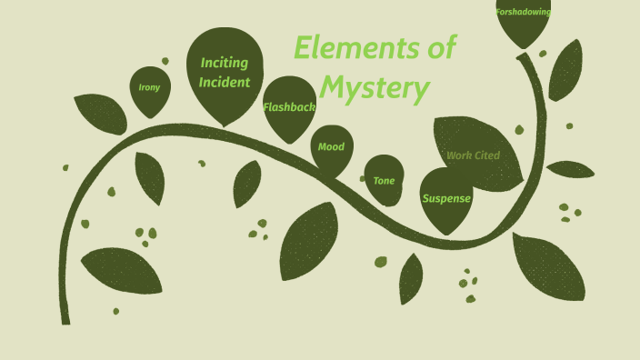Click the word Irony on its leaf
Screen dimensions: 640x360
pyautogui.click(x=149, y=88)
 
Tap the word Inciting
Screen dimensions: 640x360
pyautogui.click(x=225, y=64)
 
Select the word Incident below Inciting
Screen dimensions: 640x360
pyautogui.click(x=225, y=83)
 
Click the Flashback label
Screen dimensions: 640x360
pyautogui.click(x=289, y=107)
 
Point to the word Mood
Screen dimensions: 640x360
pyautogui.click(x=331, y=147)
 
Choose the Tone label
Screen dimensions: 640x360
pyautogui.click(x=384, y=181)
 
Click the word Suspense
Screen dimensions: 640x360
pyautogui.click(x=446, y=198)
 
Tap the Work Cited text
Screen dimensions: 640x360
pyautogui.click(x=473, y=155)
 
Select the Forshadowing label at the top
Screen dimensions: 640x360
pyautogui.click(x=523, y=13)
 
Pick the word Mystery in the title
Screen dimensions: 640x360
pyautogui.click(x=374, y=89)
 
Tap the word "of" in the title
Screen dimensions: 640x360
pyautogui.click(x=441, y=47)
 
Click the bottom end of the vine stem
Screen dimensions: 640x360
pyautogui.click(x=65, y=320)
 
